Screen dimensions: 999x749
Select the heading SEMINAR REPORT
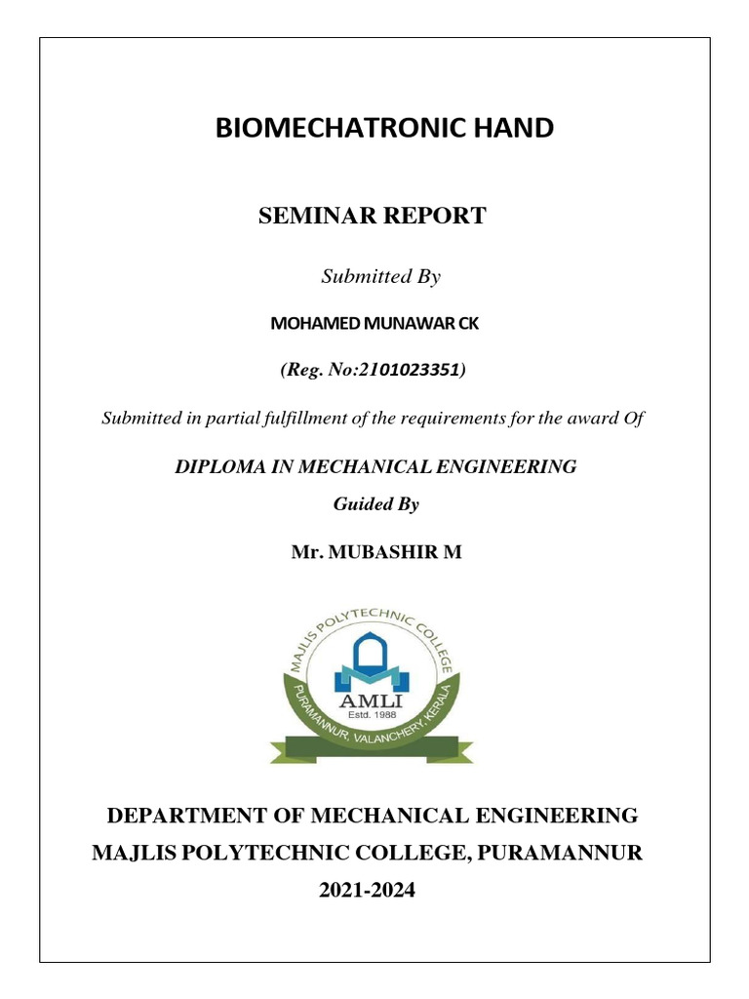coord(372,217)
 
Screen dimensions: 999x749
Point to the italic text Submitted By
coord(381,277)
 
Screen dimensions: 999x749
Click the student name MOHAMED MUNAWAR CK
coord(374,325)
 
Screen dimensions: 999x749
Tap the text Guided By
coord(375,504)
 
